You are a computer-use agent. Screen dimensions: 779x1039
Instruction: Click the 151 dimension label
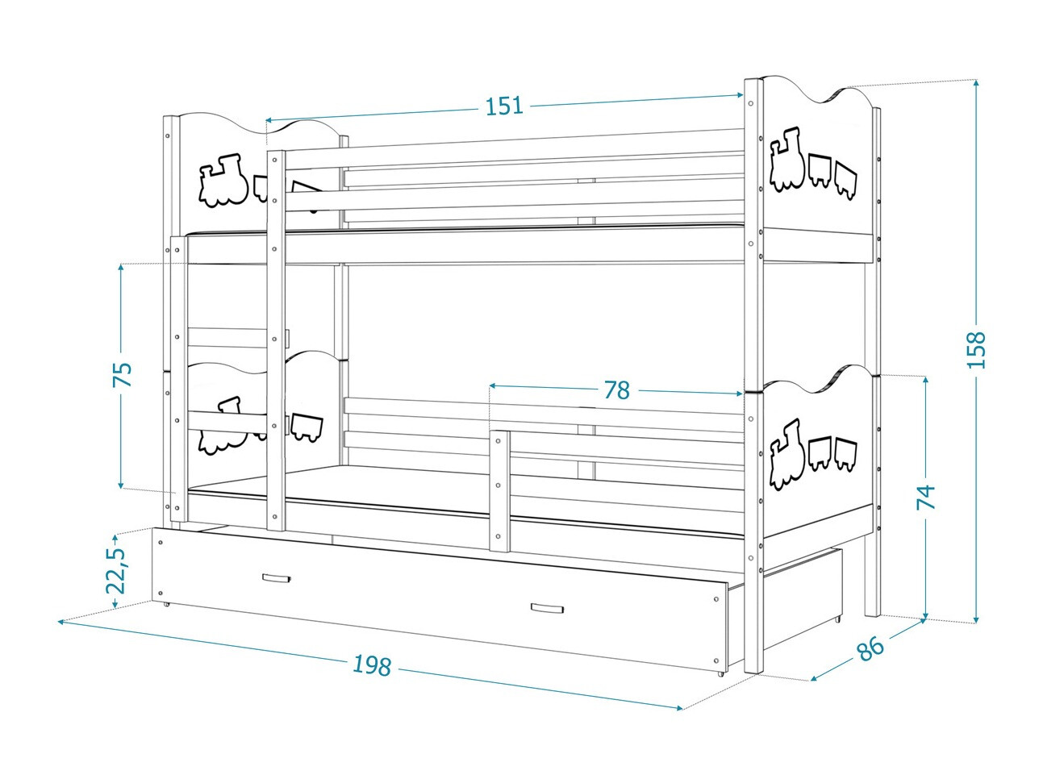(x=504, y=106)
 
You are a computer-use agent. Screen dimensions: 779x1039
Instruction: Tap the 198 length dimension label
(x=372, y=665)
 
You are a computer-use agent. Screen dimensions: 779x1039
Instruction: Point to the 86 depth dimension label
(x=870, y=648)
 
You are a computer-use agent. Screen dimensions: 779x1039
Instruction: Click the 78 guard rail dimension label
(x=616, y=390)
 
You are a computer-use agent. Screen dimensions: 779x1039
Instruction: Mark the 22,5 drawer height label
(x=117, y=571)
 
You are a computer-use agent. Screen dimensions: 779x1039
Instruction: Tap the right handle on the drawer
(x=546, y=608)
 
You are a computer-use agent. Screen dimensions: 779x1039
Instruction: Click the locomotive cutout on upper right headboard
(x=787, y=160)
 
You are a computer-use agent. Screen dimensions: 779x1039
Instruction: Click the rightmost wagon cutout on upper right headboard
(x=845, y=180)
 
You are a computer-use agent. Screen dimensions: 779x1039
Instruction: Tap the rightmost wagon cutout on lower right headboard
(x=845, y=454)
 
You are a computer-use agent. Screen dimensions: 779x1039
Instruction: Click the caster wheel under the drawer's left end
(x=166, y=603)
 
